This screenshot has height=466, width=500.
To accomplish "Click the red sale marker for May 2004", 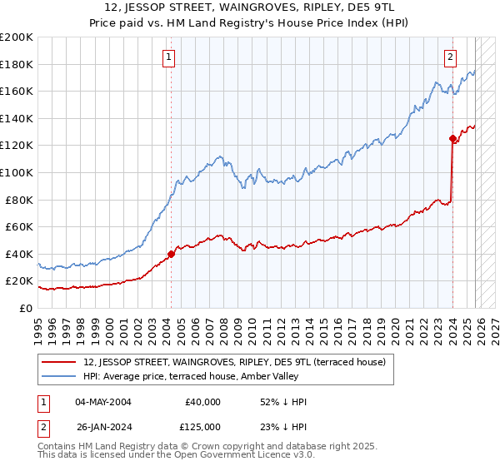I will (x=171, y=254).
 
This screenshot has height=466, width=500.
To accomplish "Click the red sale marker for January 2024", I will (x=452, y=139).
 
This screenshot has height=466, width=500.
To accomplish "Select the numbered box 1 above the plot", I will (x=169, y=57).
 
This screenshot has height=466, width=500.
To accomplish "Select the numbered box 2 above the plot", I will (x=450, y=57).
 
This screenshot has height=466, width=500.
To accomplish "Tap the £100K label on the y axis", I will (x=17, y=172).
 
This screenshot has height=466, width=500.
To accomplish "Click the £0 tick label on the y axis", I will (x=27, y=308).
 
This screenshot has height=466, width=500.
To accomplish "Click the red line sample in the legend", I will (x=59, y=363).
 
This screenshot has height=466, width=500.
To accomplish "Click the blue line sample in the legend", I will (x=59, y=377).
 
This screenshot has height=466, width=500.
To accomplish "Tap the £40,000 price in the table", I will (x=202, y=402).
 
